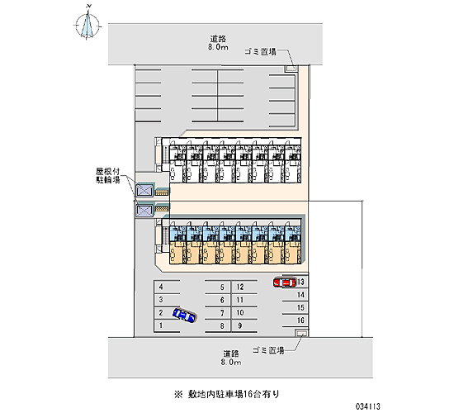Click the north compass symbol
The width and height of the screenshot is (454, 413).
87,24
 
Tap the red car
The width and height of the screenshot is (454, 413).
285,282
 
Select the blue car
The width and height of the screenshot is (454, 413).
184,315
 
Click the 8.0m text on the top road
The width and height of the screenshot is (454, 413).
218,47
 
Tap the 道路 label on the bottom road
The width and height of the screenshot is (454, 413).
231,354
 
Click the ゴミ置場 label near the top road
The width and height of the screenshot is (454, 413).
260,52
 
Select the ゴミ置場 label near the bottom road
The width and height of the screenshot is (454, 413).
268,350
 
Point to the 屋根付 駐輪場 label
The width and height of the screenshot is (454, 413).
108,176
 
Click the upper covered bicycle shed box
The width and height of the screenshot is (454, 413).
144,191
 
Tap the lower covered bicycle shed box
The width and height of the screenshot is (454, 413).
144,211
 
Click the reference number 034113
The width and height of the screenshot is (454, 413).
368,406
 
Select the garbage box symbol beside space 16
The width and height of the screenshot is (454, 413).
301,334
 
